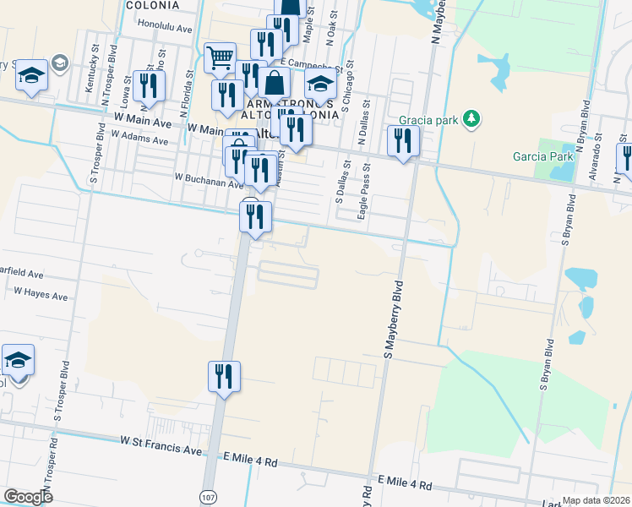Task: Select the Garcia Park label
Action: pyautogui.click(x=543, y=156)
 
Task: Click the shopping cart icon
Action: pyautogui.click(x=220, y=57)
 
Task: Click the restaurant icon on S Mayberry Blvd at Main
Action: pyautogui.click(x=403, y=140)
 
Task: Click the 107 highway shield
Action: pyautogui.click(x=208, y=497)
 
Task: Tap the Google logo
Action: pyautogui.click(x=28, y=497)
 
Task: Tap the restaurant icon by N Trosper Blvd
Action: pyautogui.click(x=149, y=87)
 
